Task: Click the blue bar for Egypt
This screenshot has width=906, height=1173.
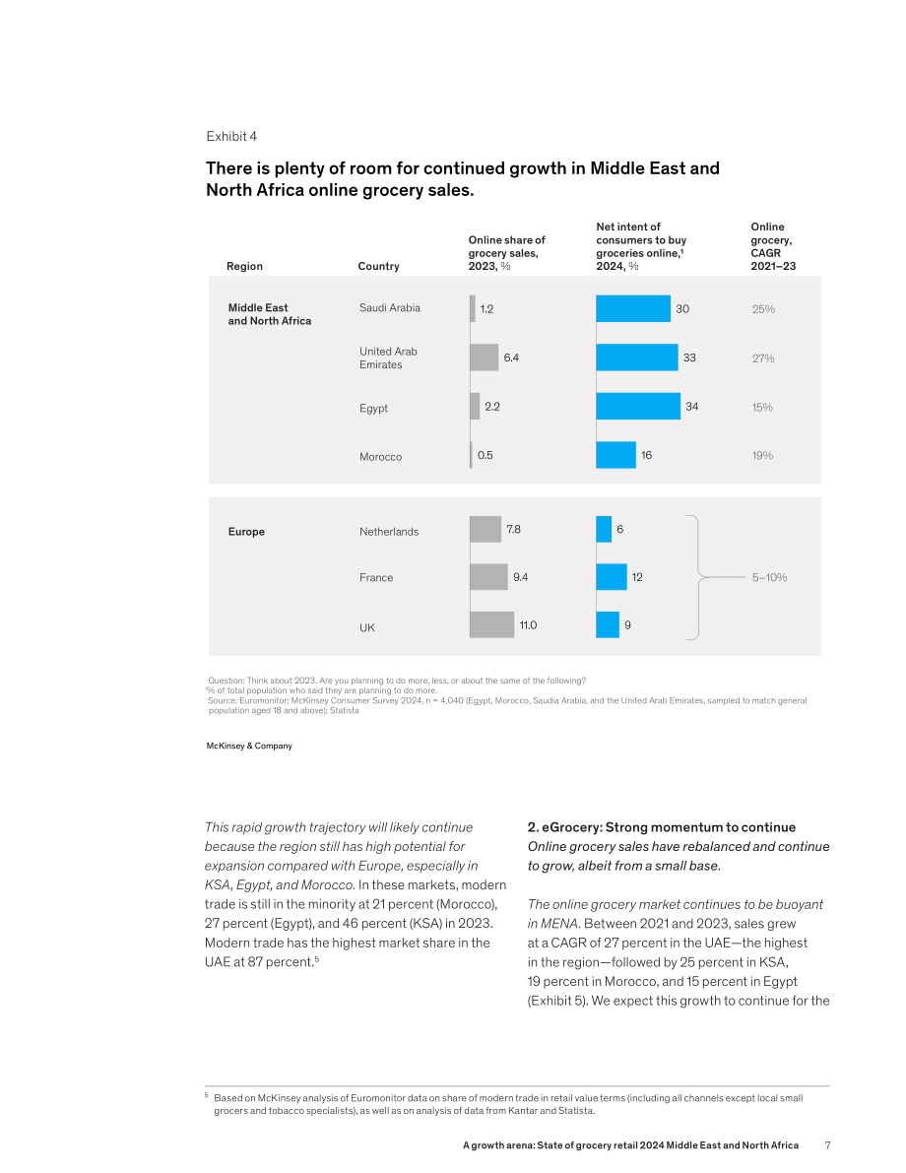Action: click(x=638, y=406)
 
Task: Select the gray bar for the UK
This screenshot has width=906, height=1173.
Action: click(x=491, y=624)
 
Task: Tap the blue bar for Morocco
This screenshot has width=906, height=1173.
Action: click(x=615, y=455)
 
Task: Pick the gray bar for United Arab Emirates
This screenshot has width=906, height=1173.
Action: click(x=485, y=358)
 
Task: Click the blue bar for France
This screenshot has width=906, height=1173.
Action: click(x=612, y=577)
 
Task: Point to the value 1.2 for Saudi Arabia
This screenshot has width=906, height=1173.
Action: click(x=487, y=309)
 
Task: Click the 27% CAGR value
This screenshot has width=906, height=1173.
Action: click(x=763, y=358)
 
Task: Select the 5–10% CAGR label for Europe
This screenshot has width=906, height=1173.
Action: click(x=769, y=577)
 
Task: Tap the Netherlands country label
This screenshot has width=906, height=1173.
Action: click(x=389, y=532)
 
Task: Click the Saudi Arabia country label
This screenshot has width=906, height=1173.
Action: click(x=390, y=307)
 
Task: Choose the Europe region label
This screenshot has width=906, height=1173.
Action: click(x=246, y=532)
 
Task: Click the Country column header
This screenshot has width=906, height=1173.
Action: click(x=378, y=266)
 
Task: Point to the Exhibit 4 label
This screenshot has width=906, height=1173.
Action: click(x=232, y=136)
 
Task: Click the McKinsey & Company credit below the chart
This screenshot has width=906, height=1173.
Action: click(x=249, y=746)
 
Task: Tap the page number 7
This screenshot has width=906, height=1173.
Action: click(x=827, y=1145)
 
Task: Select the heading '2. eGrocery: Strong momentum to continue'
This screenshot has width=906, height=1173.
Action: click(x=662, y=827)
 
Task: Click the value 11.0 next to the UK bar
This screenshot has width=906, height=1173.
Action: click(x=528, y=625)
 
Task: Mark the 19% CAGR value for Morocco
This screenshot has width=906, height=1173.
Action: click(x=762, y=456)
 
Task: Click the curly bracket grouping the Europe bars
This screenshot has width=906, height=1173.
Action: click(x=698, y=577)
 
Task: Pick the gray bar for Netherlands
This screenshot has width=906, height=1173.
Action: click(x=485, y=529)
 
